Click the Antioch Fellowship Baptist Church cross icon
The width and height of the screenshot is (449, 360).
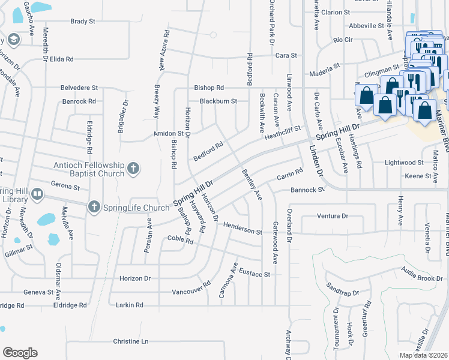(x=133, y=169)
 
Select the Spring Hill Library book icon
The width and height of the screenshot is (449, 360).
(x=37, y=194)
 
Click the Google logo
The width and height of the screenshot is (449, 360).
(x=20, y=352)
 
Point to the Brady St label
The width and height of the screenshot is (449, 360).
(x=83, y=21)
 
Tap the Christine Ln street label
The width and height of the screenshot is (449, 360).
(x=130, y=341)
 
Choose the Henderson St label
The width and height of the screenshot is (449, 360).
(x=243, y=227)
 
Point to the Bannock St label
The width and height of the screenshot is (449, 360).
(x=307, y=190)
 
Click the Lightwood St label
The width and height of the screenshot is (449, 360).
(x=404, y=163)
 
